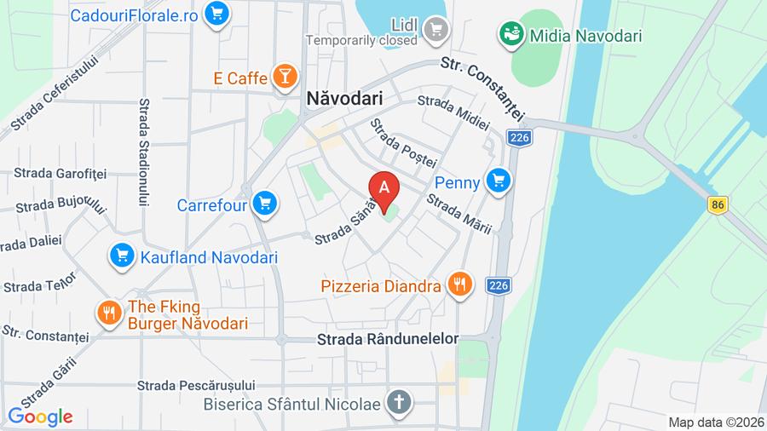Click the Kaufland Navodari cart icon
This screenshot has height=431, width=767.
pyautogui.click(x=122, y=255)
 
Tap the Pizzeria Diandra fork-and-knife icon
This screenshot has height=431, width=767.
pyautogui.click(x=460, y=284)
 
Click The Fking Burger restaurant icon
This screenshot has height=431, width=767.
pyautogui.click(x=108, y=313)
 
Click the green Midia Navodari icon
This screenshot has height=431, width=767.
pyautogui.click(x=511, y=34)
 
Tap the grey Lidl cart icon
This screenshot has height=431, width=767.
pyautogui.click(x=437, y=28)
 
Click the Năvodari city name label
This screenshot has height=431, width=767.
pyautogui.click(x=344, y=99)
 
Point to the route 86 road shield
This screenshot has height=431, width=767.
pyautogui.click(x=718, y=204)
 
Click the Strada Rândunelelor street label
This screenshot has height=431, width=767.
pyautogui.click(x=388, y=338)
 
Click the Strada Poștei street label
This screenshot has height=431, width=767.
pyautogui.click(x=402, y=143)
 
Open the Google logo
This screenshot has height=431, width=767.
pyautogui.click(x=40, y=417)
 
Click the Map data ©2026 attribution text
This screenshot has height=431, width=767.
pyautogui.click(x=715, y=422)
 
